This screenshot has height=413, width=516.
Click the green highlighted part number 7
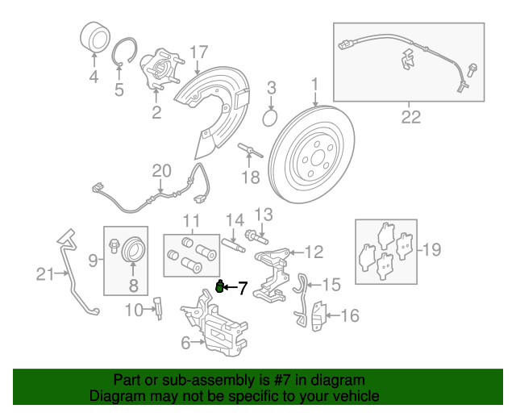click(x=219, y=286)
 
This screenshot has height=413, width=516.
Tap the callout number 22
click(x=411, y=117)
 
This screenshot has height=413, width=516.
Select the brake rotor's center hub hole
click(x=318, y=158)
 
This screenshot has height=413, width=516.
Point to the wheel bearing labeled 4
click(x=95, y=38)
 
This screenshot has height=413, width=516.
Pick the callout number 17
click(x=199, y=52)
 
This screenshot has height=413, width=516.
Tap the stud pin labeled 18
click(x=250, y=150)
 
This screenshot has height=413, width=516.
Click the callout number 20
click(x=161, y=171)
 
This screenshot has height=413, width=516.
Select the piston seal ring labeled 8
click(x=133, y=252)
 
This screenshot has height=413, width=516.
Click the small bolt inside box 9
click(x=113, y=246)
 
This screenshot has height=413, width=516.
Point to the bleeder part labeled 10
click(x=159, y=308)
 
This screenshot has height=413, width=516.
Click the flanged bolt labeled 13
click(x=256, y=237)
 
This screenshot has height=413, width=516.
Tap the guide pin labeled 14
click(x=233, y=245)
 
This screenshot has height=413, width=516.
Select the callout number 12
click(x=314, y=252)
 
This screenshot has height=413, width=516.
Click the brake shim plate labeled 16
click(x=318, y=316)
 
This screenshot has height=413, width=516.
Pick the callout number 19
click(x=431, y=249)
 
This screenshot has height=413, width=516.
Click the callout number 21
click(x=45, y=274)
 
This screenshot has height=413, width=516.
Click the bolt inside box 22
click(x=471, y=70)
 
